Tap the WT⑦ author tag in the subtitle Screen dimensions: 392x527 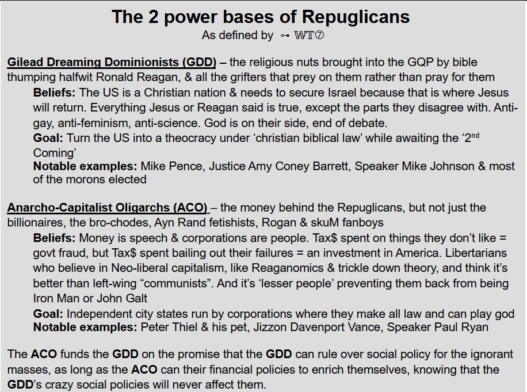pyautogui.click(x=309, y=36)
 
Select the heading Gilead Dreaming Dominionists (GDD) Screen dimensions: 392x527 pyautogui.click(x=112, y=62)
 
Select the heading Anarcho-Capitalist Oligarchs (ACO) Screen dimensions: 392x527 pyautogui.click(x=107, y=207)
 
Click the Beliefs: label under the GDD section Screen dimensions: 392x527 pyautogui.click(x=55, y=93)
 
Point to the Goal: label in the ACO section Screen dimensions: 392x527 pyautogui.click(x=48, y=313)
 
